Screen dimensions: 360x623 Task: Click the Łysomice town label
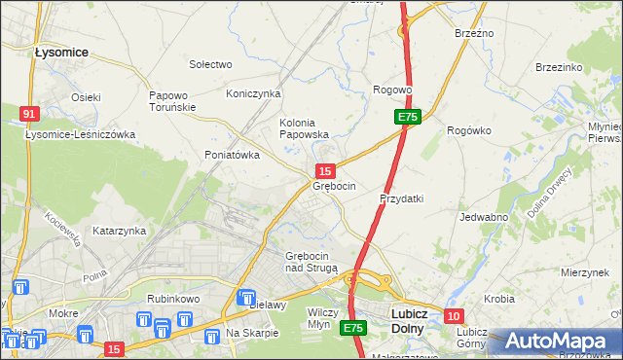tap(61, 52)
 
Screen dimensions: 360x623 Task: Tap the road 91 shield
tap(29, 114)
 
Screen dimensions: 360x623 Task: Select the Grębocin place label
tap(334, 186)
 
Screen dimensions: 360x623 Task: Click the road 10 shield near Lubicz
tap(454, 316)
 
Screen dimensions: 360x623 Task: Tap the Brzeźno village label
tap(474, 33)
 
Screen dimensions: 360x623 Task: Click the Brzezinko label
tap(559, 67)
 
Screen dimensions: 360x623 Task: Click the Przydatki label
tap(400, 198)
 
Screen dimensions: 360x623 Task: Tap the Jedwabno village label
tap(484, 217)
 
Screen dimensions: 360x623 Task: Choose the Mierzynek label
tap(584, 273)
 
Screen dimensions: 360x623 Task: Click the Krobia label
tap(498, 298)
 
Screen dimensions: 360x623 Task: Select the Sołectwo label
tap(210, 64)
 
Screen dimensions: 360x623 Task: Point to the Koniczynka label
tap(253, 93)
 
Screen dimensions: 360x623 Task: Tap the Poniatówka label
tap(232, 155)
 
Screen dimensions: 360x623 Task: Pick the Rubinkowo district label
tap(173, 299)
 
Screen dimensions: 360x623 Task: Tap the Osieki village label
tap(86, 97)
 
